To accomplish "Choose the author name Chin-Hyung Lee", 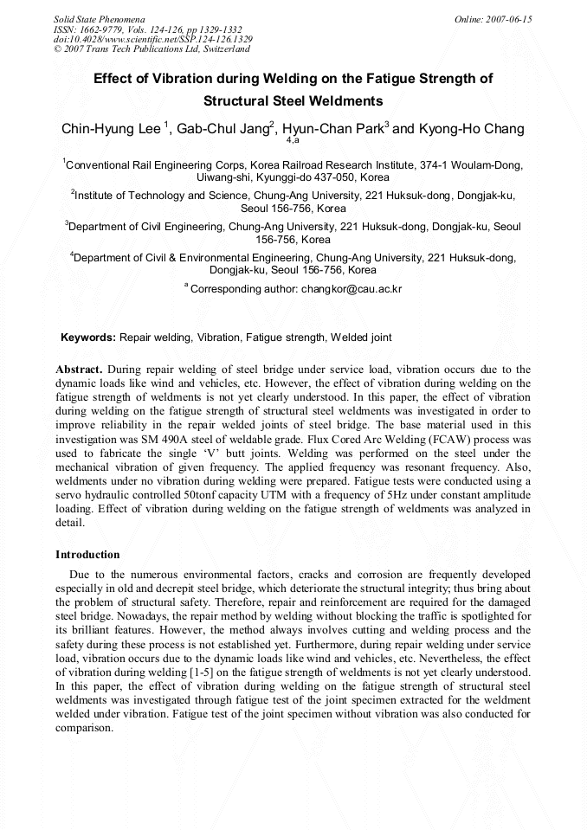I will click(111, 129).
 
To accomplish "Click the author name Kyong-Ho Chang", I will click(471, 129).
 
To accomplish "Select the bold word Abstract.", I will click(80, 369).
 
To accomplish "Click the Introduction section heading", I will click(87, 554).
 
